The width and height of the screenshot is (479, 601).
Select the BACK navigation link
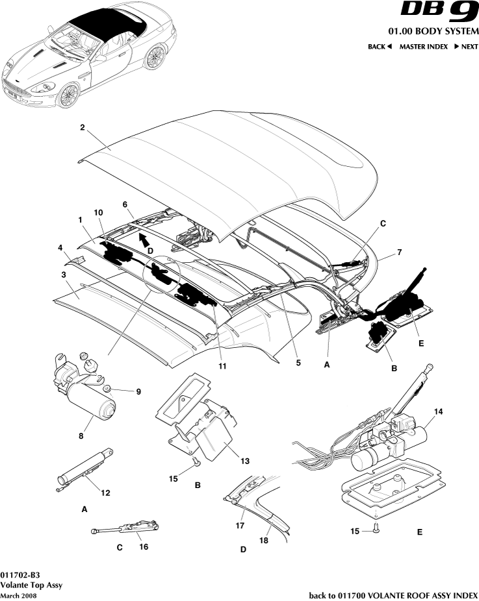click(380, 47)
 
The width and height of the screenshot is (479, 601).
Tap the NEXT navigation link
click(465, 47)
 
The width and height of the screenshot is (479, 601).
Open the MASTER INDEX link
click(423, 47)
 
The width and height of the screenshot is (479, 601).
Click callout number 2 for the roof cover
click(83, 128)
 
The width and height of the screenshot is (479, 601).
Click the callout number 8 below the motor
click(81, 437)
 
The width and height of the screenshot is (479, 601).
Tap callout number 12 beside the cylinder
click(105, 493)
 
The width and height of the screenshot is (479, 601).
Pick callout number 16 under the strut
click(144, 546)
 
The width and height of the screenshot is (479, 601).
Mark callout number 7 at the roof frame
click(401, 251)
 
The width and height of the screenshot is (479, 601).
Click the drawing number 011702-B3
click(20, 574)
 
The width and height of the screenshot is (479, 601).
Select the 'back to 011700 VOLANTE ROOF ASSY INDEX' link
click(393, 595)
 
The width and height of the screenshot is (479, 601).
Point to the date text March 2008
click(18, 595)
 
